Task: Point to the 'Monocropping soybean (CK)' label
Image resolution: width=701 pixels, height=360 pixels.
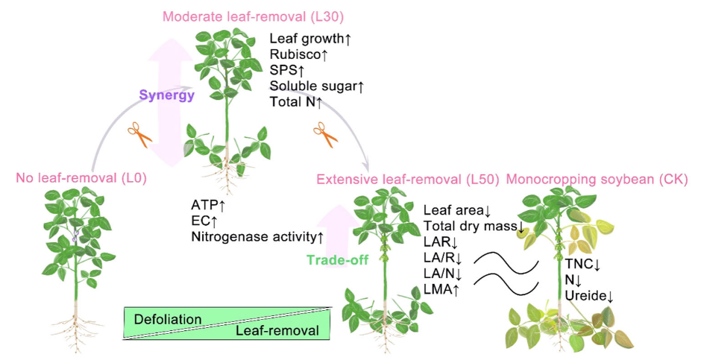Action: pyautogui.click(x=597, y=180)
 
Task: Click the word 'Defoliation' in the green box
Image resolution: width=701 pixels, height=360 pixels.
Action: pyautogui.click(x=168, y=319)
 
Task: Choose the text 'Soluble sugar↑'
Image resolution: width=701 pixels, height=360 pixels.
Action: pyautogui.click(x=317, y=87)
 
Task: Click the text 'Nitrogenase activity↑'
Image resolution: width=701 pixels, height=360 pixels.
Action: pyautogui.click(x=257, y=237)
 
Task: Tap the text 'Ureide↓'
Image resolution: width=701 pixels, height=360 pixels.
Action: pyautogui.click(x=589, y=296)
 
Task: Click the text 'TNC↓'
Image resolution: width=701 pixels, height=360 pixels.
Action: pyautogui.click(x=582, y=263)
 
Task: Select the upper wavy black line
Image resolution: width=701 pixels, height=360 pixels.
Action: pyautogui.click(x=508, y=262)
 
